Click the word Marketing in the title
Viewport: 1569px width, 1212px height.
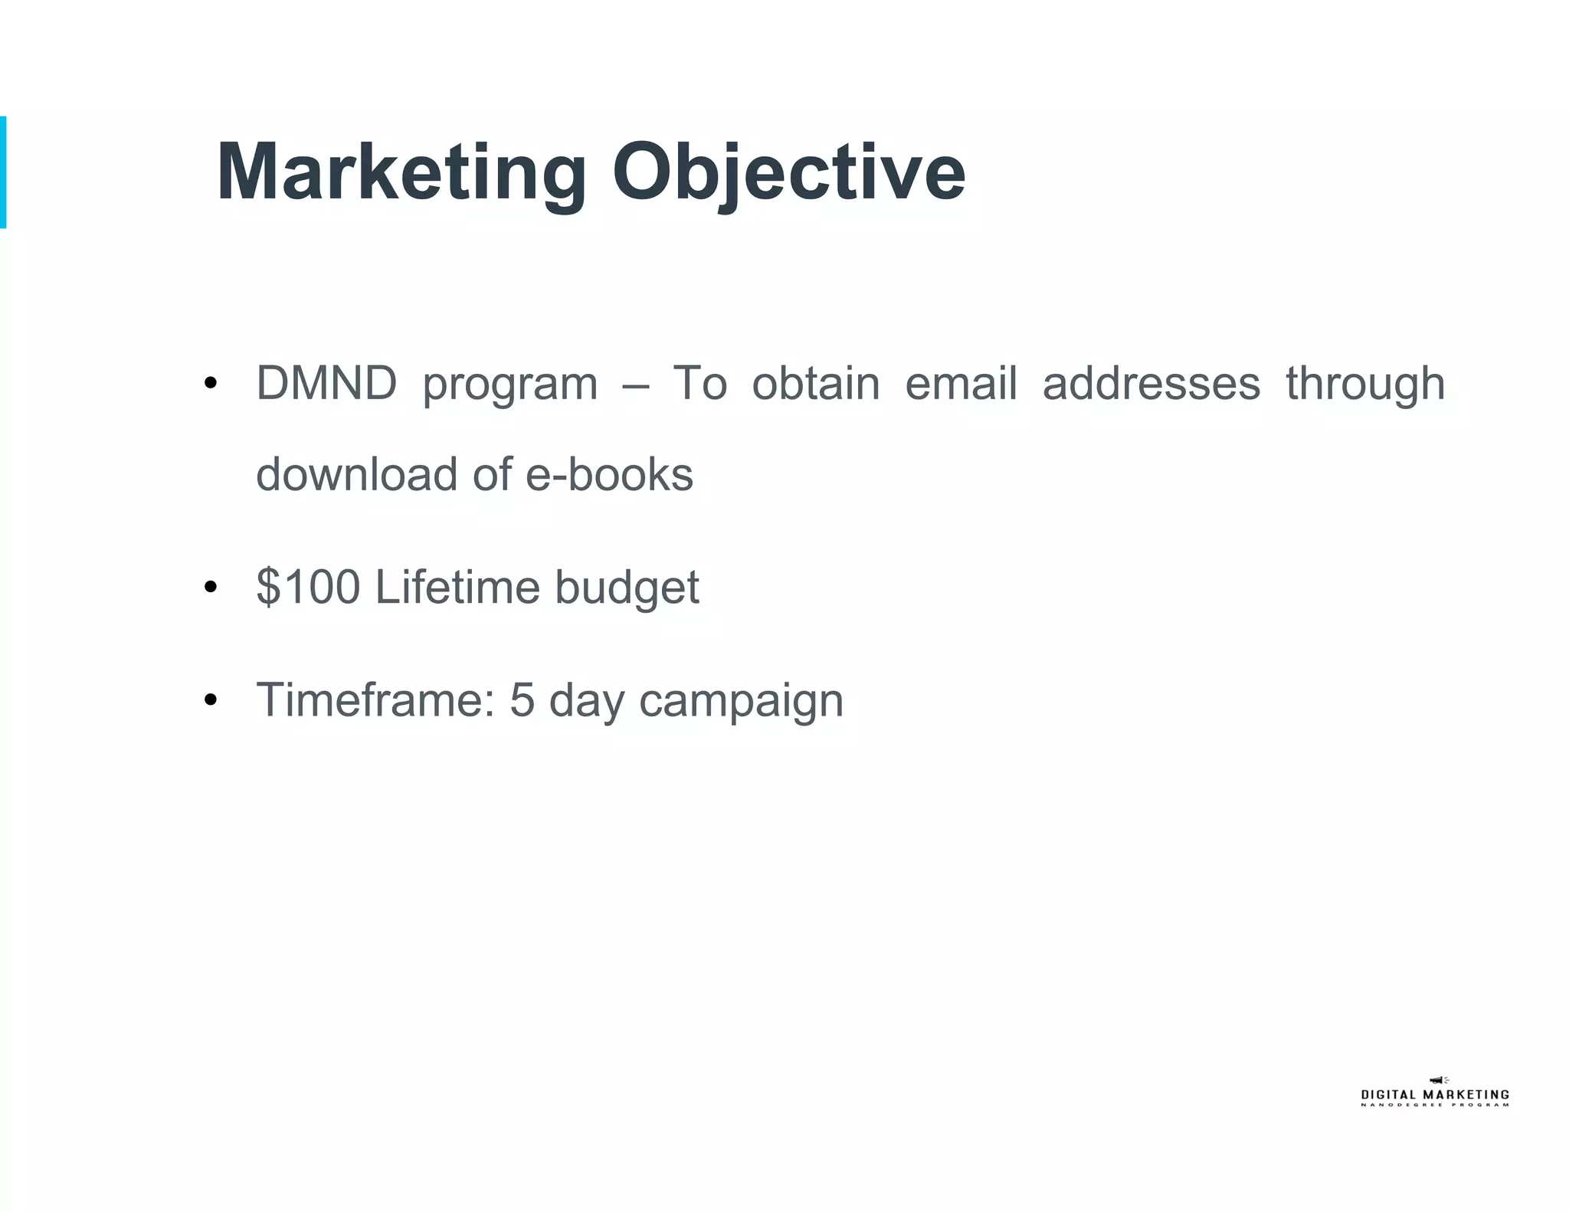[401, 172]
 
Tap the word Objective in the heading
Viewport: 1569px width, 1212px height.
[788, 172]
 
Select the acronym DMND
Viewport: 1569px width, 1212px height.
[326, 383]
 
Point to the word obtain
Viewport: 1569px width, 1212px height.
[815, 383]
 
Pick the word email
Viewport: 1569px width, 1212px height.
[961, 383]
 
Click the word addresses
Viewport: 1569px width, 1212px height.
[1151, 383]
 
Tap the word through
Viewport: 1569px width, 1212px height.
[1364, 383]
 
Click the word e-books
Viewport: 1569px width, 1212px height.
[609, 474]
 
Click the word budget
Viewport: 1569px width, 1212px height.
[627, 588]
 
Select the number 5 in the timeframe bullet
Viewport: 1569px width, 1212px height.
[522, 699]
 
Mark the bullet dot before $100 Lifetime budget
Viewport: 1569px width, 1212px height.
[211, 588]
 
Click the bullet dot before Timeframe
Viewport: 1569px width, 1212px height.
[211, 700]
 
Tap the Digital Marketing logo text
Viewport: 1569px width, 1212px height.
[1434, 1096]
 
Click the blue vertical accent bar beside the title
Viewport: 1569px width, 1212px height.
[3, 172]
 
